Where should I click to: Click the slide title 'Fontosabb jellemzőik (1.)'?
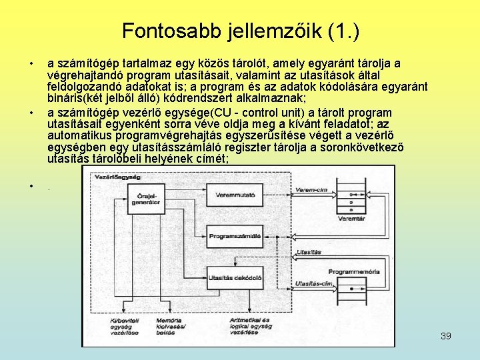(x=241, y=31)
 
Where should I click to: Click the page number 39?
(x=446, y=336)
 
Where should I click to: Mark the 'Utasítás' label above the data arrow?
(x=310, y=252)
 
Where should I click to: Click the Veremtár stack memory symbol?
(x=351, y=193)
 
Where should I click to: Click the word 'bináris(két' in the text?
(x=75, y=98)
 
